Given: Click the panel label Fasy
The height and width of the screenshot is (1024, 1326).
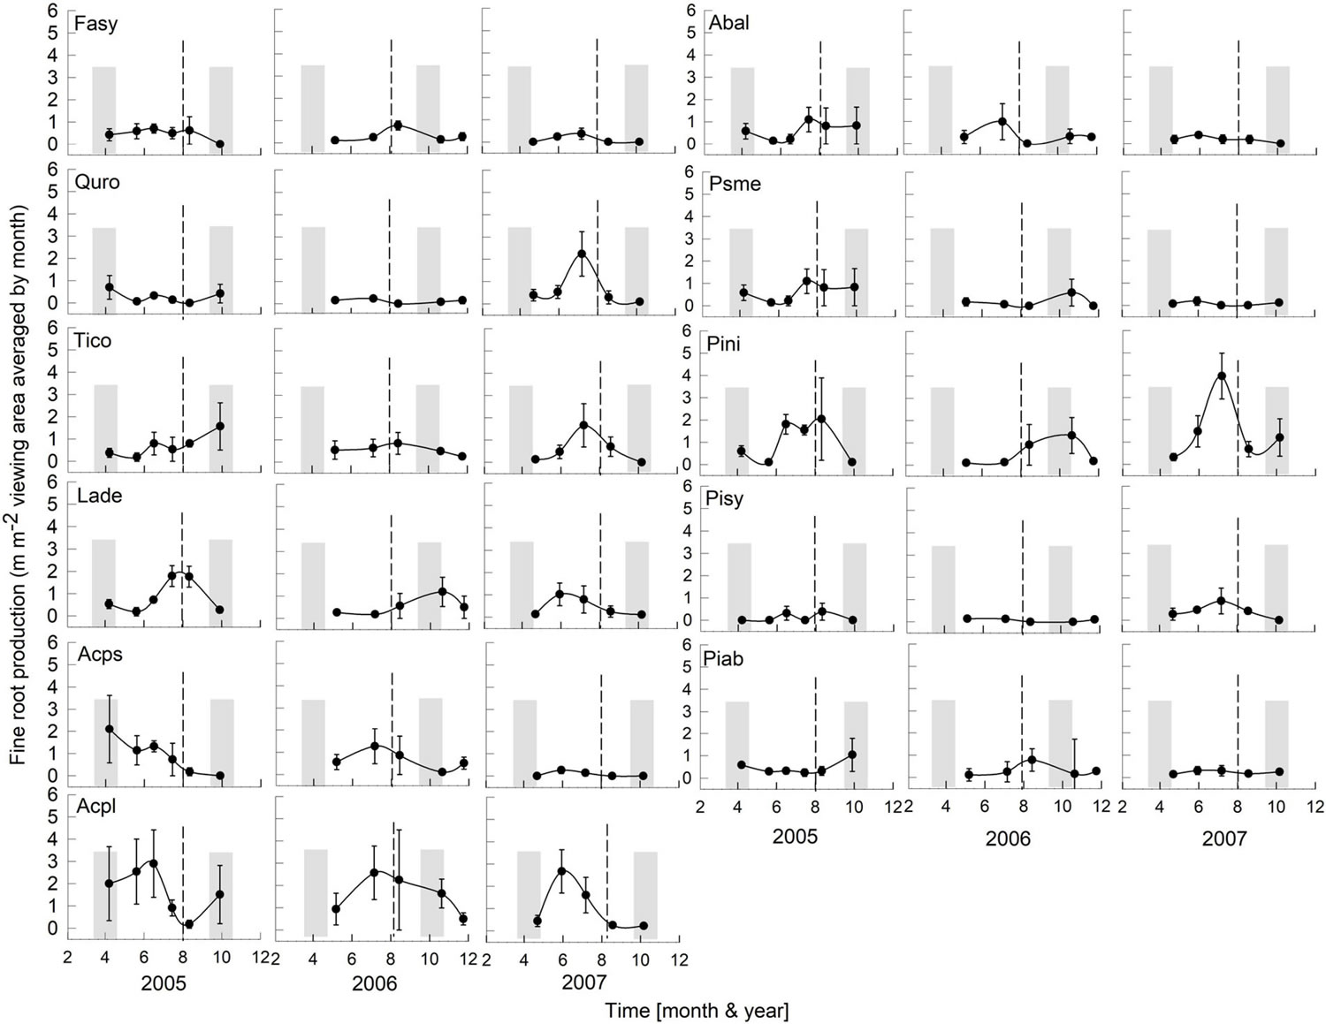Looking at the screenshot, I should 95,24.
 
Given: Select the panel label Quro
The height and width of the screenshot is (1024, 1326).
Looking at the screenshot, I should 97,183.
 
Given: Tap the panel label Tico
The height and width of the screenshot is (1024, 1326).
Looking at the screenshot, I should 94,341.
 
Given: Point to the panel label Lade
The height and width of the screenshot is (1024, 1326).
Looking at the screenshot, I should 99,496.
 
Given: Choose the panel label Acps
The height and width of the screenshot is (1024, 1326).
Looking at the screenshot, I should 99,655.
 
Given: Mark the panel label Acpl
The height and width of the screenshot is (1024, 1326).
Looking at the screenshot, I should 96,807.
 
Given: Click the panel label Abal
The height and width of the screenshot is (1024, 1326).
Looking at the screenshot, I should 728,24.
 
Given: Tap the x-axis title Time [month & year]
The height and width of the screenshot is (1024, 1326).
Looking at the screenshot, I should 697,1010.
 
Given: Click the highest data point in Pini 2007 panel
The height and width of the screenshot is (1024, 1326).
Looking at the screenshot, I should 1222,375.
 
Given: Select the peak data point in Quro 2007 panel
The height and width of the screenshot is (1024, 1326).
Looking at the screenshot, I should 582,254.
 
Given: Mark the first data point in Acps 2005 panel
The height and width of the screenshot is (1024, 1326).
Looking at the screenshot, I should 110,729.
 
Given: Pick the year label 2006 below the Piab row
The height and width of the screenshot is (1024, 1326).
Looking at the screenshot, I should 1008,838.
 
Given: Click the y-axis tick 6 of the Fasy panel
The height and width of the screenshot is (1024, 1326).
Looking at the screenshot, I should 54,10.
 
